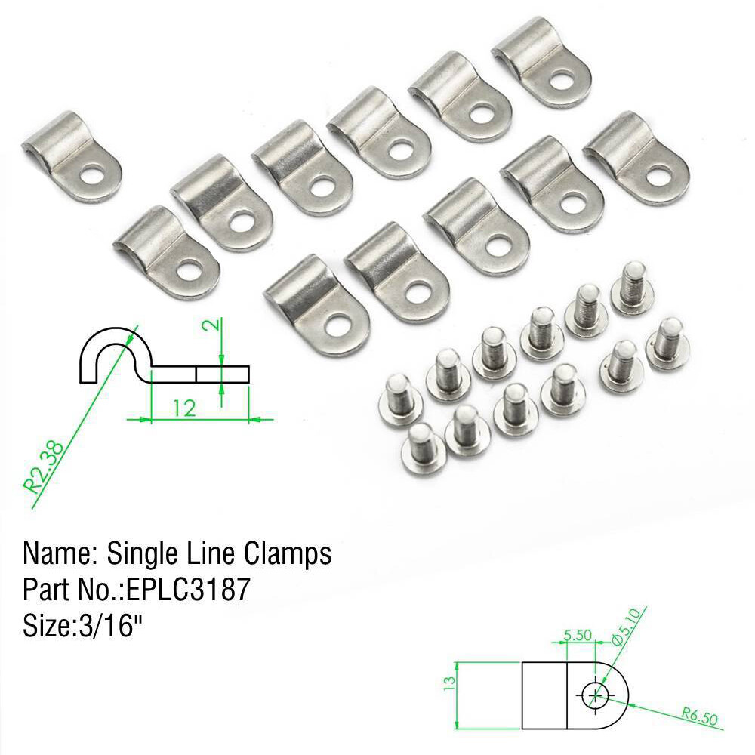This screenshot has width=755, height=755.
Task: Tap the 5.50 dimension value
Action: [578, 636]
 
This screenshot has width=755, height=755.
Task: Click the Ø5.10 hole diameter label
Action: [626, 627]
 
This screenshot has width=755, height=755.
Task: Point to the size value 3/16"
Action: [106, 625]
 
